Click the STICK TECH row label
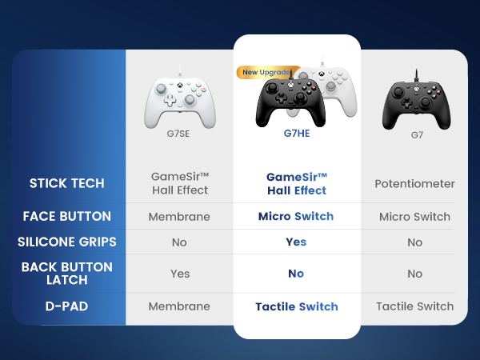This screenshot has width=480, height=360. [x=67, y=183]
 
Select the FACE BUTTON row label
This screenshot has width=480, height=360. [x=66, y=216]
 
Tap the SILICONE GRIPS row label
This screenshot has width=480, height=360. [x=67, y=242]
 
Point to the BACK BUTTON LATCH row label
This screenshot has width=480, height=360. [x=67, y=274]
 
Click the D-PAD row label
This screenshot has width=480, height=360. [x=67, y=306]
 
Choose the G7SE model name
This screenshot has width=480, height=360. [x=178, y=134]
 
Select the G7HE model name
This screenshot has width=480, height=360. [x=296, y=134]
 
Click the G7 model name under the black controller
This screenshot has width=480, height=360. [x=417, y=134]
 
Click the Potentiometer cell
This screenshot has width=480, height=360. [x=414, y=184]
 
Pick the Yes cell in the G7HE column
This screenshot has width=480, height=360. [x=296, y=242]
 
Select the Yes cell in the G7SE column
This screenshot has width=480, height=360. [x=180, y=274]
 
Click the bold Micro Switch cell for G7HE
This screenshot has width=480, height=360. [x=296, y=216]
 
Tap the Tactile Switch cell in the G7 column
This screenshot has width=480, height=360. [x=414, y=306]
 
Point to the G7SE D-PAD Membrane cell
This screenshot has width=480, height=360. [x=179, y=306]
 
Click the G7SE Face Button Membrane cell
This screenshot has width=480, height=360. [x=179, y=216]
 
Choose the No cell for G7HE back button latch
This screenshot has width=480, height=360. [x=296, y=274]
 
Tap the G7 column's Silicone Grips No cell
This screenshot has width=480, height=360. [x=414, y=242]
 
